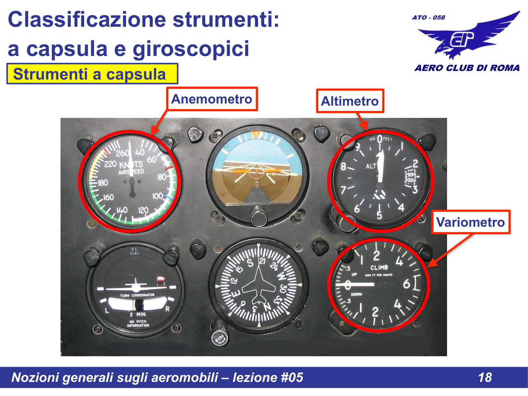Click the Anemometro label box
click(212, 99)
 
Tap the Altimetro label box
click(350, 101)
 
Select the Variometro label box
click(471, 222)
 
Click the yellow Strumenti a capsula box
click(92, 74)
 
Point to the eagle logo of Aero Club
click(468, 37)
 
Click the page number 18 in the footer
click(485, 377)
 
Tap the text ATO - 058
click(428, 17)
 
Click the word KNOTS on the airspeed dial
click(131, 165)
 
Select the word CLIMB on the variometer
click(379, 268)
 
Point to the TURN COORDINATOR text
click(137, 295)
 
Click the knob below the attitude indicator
click(259, 217)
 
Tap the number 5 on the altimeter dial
click(379, 215)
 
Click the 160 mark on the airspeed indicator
click(108, 197)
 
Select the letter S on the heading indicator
click(250, 263)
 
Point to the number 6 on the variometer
click(407, 284)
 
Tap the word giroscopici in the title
click(191, 49)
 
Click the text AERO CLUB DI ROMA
click(467, 68)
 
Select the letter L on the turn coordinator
click(107, 310)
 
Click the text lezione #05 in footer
click(268, 377)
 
